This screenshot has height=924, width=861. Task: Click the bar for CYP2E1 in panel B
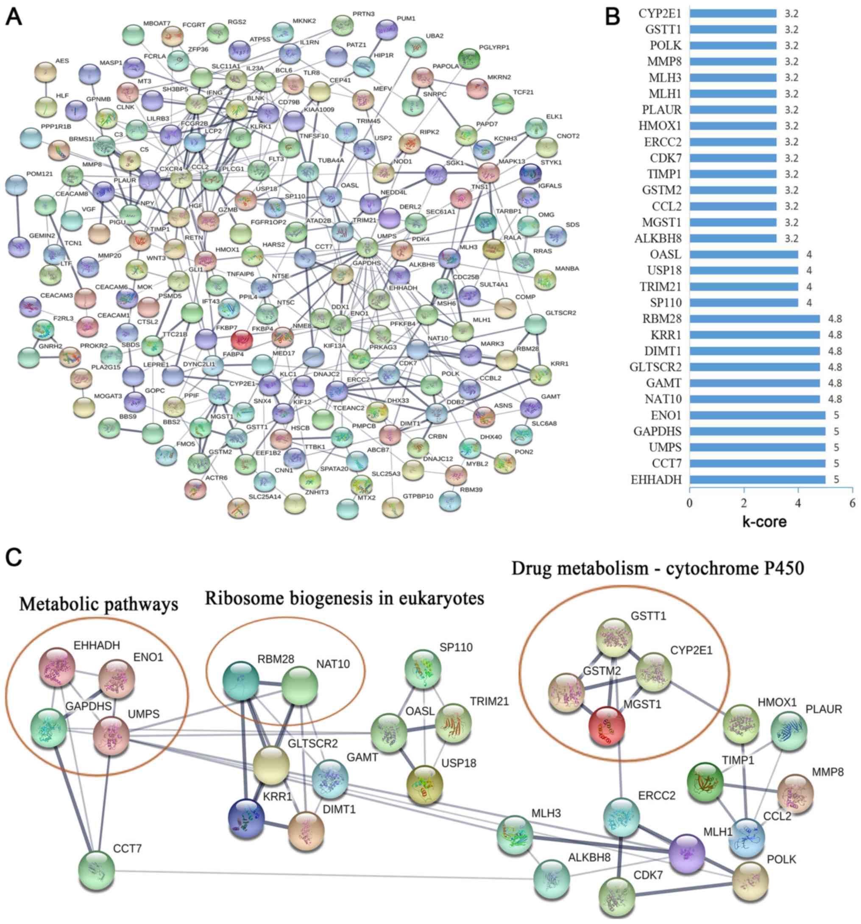click(x=733, y=14)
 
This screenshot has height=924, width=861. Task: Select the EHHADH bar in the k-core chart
click(x=757, y=479)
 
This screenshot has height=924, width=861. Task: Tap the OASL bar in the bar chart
click(x=743, y=254)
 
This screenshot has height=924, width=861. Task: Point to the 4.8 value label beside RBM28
click(x=835, y=319)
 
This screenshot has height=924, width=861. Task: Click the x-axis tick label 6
click(x=852, y=503)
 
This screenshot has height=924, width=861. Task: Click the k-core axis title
click(x=764, y=521)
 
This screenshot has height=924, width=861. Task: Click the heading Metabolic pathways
click(x=98, y=604)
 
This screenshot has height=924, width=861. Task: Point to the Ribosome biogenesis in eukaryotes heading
click(x=344, y=598)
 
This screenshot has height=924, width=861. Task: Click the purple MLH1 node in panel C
click(x=687, y=852)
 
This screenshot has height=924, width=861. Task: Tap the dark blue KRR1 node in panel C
click(x=246, y=818)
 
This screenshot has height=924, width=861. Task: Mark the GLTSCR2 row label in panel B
click(x=655, y=367)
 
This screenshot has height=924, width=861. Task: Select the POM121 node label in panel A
click(x=40, y=174)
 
